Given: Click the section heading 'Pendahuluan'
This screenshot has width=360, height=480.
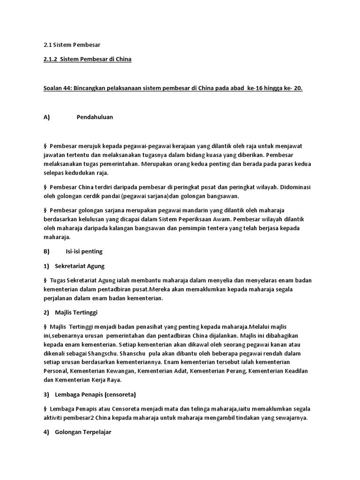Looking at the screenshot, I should (95, 117).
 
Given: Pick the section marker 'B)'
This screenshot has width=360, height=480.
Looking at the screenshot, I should (46, 251).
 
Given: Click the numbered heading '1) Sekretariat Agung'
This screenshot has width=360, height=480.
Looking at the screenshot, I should (76, 266).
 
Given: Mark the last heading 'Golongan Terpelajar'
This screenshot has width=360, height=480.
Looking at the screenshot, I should (83, 432).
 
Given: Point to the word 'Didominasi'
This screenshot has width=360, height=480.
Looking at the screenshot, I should (294, 187).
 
